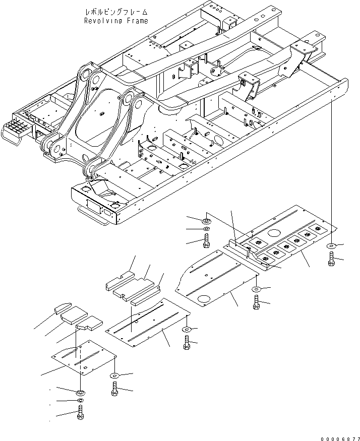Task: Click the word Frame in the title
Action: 138,21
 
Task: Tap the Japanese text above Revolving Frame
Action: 116,11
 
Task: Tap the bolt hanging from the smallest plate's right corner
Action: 114,389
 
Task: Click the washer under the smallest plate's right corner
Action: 114,376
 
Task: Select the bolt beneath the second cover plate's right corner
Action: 187,345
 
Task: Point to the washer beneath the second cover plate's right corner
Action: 187,330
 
